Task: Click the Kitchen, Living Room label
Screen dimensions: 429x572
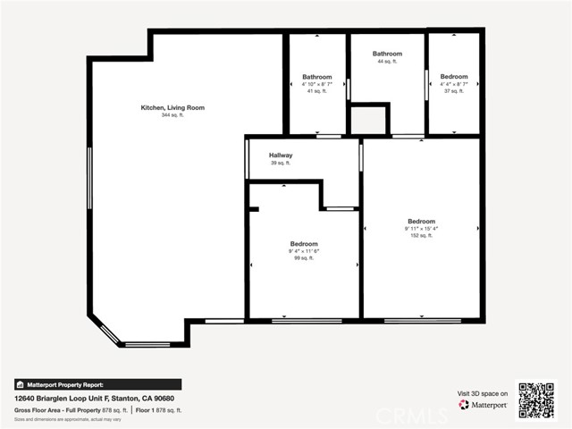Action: [172, 107]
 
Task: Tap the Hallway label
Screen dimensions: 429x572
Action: [281, 155]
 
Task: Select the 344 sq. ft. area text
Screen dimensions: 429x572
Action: [172, 115]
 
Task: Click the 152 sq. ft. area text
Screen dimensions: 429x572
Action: [421, 236]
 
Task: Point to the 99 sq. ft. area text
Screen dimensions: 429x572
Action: [303, 258]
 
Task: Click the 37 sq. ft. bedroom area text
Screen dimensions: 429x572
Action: [454, 91]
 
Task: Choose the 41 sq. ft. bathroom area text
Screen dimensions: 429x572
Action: [317, 91]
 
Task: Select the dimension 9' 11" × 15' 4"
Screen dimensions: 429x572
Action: [421, 229]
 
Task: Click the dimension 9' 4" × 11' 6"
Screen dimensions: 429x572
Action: [303, 251]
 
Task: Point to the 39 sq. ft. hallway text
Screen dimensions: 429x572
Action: [281, 163]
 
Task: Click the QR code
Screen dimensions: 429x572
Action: [536, 400]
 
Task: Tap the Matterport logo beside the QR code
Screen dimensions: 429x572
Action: [484, 405]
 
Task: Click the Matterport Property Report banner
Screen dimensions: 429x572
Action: [97, 384]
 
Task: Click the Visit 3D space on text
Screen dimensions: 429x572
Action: [483, 393]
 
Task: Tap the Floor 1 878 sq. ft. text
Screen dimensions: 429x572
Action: [158, 409]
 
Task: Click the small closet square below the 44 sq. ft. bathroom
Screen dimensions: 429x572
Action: [368, 119]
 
